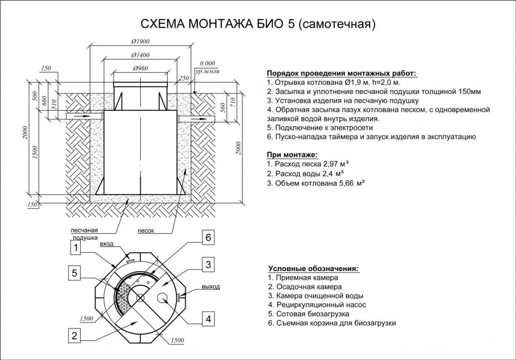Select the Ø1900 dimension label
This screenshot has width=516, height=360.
[140, 42]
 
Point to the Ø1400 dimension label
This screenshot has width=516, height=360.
[140, 55]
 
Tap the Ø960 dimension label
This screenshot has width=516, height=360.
[141, 69]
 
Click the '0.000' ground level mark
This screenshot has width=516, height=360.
[208, 63]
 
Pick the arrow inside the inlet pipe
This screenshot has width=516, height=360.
[82, 117]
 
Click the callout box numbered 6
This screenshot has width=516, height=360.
[208, 238]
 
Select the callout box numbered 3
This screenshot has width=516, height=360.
[208, 264]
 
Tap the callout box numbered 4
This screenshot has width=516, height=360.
[208, 319]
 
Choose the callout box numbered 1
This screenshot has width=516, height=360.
[76, 247]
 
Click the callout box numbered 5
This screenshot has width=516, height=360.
[74, 273]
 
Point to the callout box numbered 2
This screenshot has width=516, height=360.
[74, 335]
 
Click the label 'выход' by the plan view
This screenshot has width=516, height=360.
[210, 287]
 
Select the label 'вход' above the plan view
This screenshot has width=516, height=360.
[106, 243]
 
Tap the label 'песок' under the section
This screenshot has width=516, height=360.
[146, 231]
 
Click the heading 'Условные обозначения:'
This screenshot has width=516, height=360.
[313, 268]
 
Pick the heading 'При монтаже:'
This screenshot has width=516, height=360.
[292, 155]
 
